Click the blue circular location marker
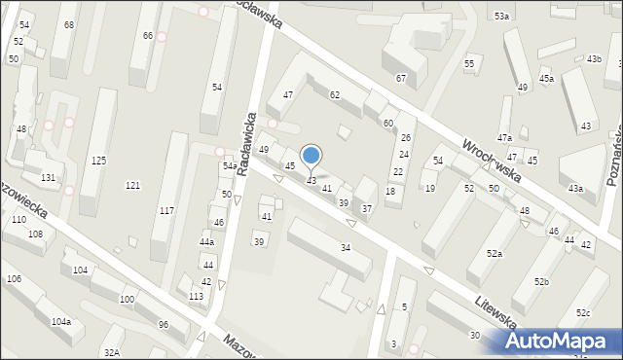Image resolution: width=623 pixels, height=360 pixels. (311, 155)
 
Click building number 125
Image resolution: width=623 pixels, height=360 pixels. (98, 161)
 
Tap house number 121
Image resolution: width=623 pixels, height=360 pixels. (132, 185)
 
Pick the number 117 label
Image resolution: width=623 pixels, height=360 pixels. (166, 211)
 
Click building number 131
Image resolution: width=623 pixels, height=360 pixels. (48, 178)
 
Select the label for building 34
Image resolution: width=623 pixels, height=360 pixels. (346, 248)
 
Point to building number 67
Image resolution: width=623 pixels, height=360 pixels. (400, 78)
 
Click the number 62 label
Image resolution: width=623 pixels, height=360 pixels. (335, 94)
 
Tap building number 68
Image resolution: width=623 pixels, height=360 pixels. (68, 24)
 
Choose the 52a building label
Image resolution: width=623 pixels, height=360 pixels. (495, 253)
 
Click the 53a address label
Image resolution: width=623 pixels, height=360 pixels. (501, 17)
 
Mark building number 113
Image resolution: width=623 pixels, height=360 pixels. (196, 296)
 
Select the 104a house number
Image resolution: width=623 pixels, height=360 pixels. (60, 321)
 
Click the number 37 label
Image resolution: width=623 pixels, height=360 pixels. (367, 209)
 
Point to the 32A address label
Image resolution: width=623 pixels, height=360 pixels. (112, 352)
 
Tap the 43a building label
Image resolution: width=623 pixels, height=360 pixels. (576, 188)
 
